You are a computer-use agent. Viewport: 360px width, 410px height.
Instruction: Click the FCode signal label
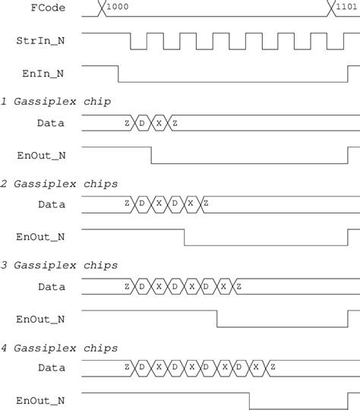[48, 10]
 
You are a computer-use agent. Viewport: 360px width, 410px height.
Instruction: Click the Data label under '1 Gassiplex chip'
[51, 122]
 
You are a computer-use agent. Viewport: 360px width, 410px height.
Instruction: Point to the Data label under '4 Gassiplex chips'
[51, 368]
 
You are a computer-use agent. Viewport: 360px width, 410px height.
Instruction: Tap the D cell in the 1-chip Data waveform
[142, 122]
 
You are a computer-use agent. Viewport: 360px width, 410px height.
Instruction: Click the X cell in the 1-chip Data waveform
[159, 122]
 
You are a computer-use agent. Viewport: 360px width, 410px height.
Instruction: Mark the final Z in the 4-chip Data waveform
[272, 368]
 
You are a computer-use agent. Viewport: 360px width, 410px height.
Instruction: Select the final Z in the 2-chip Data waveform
[206, 204]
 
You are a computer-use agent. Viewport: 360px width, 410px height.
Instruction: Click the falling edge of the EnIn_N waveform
[118, 74]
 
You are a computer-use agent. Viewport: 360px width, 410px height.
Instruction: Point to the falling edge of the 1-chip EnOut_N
[151, 154]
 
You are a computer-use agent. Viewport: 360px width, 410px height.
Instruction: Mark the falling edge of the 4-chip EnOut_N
[251, 400]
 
